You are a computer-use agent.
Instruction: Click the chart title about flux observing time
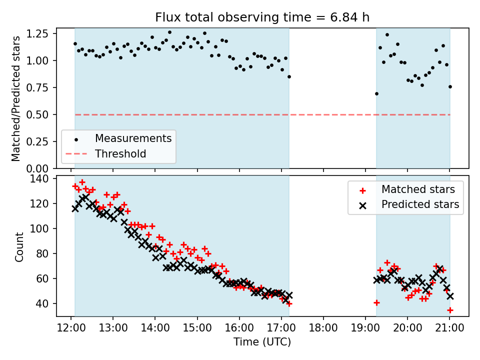262,17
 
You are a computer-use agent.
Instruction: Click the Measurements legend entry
133,138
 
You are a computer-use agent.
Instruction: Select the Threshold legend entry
120,153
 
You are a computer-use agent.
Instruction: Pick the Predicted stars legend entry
420,204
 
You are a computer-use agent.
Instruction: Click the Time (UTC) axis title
262,342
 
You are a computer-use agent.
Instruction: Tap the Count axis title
19,247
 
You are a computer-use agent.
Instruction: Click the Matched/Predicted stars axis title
16,98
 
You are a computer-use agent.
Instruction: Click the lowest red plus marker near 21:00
450,310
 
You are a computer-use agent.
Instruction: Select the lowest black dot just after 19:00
376,93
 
